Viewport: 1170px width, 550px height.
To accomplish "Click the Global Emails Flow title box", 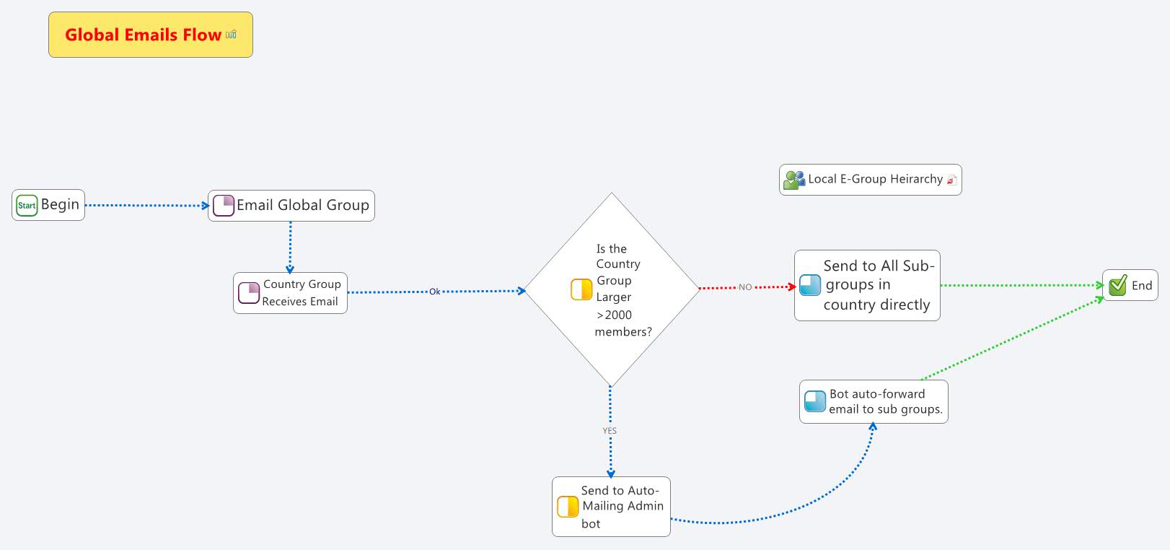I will click(x=150, y=35).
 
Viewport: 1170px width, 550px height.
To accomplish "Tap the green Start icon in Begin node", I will click(x=27, y=206).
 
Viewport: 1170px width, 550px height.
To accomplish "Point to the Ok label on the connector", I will click(x=434, y=292).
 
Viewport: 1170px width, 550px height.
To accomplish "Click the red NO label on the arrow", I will click(x=745, y=287).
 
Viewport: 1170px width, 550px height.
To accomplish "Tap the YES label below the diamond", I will click(x=610, y=431).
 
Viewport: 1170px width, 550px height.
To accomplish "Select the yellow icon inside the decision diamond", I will click(x=581, y=289).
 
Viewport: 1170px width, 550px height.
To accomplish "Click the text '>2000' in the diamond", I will click(x=615, y=315).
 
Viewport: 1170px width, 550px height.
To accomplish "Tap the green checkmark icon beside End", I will click(x=1117, y=286).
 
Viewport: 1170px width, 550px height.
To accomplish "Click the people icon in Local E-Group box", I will click(x=793, y=180).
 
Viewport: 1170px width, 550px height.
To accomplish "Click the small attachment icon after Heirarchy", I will click(x=951, y=180).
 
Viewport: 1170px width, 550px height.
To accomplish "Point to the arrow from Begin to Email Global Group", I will click(x=144, y=205).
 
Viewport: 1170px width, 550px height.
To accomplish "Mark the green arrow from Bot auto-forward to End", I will click(x=1010, y=339).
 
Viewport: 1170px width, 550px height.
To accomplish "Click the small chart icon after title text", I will click(x=231, y=35).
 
